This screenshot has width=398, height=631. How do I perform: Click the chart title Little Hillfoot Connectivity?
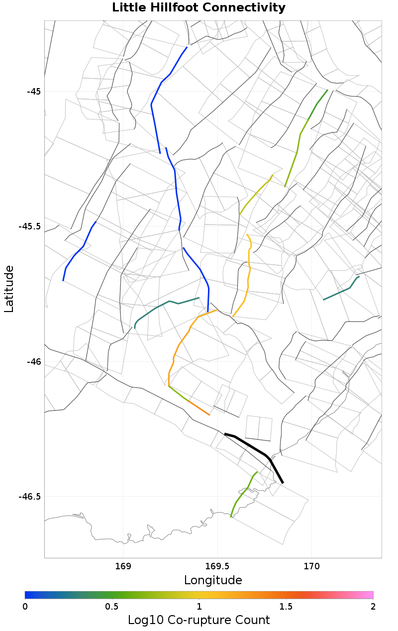(199, 8)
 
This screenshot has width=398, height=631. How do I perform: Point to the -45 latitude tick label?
(34, 92)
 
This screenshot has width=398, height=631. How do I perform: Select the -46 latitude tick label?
(34, 362)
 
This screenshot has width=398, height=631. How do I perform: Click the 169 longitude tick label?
(123, 566)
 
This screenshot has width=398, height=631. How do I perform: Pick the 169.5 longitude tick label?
(217, 566)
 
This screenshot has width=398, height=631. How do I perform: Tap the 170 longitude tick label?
(311, 566)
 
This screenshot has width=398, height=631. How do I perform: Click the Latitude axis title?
(9, 289)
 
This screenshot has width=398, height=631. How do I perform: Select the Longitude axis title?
(213, 580)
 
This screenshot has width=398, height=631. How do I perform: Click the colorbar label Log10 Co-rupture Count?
(199, 620)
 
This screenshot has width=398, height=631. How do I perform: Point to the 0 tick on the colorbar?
(25, 607)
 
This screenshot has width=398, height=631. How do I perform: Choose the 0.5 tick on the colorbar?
(112, 607)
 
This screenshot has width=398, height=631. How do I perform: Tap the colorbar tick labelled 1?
(199, 607)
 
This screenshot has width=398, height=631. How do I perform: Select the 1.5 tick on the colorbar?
(286, 607)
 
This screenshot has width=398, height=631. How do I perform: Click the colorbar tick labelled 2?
(373, 607)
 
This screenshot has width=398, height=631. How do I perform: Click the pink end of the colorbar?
(368, 595)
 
